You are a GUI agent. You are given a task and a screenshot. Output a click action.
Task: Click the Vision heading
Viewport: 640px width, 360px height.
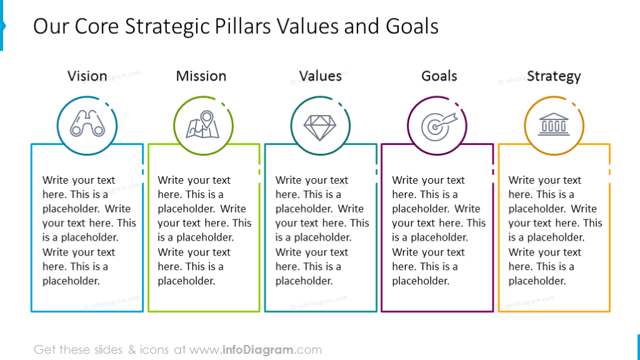(87, 76)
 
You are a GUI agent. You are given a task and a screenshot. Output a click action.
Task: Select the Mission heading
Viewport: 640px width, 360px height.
(201, 76)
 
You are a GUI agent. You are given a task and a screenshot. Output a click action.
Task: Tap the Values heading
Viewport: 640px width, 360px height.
(320, 76)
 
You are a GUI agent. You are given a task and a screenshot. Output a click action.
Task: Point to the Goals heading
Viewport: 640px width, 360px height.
(439, 76)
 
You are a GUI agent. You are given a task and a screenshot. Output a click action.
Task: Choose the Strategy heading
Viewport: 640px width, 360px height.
(554, 76)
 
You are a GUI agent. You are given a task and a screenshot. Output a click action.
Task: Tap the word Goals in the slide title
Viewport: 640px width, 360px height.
(412, 26)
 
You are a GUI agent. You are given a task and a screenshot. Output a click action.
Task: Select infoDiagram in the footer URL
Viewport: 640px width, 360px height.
(258, 350)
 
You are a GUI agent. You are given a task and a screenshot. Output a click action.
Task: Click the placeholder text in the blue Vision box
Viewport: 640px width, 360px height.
(87, 230)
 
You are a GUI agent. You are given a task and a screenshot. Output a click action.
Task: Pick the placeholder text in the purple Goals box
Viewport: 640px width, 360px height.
(437, 230)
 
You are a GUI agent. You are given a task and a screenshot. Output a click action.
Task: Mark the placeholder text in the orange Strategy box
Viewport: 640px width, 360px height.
(554, 230)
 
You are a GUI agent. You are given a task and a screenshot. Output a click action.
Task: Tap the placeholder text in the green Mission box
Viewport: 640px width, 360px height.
(204, 230)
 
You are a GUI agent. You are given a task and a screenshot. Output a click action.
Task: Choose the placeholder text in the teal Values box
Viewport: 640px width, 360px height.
(321, 230)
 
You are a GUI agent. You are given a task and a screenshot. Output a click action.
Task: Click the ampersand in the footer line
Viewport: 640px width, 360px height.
(132, 350)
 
